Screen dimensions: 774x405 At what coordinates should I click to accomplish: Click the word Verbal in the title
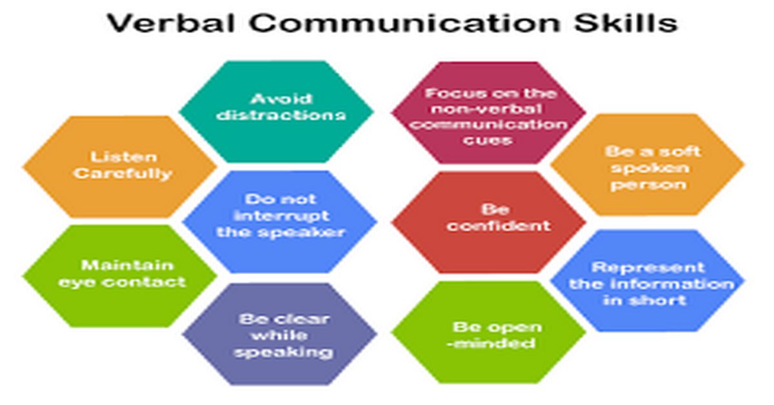pyautogui.click(x=172, y=23)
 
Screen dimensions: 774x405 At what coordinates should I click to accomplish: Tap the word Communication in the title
pyautogui.click(x=404, y=23)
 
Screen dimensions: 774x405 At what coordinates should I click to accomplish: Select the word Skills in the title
pyautogui.click(x=626, y=23)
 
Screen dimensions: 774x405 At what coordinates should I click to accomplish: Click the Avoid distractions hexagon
pyautogui.click(x=277, y=112)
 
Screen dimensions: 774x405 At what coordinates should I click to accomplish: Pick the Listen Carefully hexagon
pyautogui.click(x=119, y=167)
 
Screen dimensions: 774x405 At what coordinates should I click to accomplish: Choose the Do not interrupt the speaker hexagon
pyautogui.click(x=279, y=221)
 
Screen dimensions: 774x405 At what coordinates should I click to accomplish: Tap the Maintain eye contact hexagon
pyautogui.click(x=119, y=276)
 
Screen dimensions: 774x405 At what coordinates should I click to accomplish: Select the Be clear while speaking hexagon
pyautogui.click(x=279, y=334)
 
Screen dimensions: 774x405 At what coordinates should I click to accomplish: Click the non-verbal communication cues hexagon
pyautogui.click(x=488, y=112)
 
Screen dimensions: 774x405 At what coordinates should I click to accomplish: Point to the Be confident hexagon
pyautogui.click(x=489, y=222)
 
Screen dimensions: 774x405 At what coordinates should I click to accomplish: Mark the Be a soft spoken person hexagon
pyautogui.click(x=648, y=165)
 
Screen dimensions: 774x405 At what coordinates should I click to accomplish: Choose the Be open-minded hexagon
pyautogui.click(x=489, y=332)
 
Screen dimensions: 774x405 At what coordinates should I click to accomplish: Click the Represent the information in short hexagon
pyautogui.click(x=648, y=281)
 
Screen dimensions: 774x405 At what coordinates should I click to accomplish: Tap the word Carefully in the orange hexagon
pyautogui.click(x=123, y=173)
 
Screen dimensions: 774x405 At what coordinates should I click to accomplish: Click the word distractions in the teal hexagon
pyautogui.click(x=281, y=115)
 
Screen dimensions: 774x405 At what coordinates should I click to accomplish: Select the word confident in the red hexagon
pyautogui.click(x=498, y=226)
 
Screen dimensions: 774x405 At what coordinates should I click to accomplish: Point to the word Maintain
pyautogui.click(x=127, y=266)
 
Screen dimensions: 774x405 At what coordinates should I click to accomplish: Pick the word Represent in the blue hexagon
pyautogui.click(x=648, y=267)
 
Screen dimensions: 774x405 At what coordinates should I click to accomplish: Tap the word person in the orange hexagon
pyautogui.click(x=648, y=185)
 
